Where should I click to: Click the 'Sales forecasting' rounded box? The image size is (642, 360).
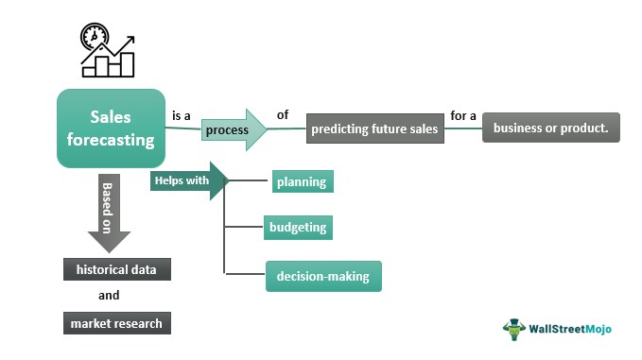pyautogui.click(x=111, y=129)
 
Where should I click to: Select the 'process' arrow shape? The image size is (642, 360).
pyautogui.click(x=234, y=129)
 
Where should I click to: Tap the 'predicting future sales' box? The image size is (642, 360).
pyautogui.click(x=375, y=129)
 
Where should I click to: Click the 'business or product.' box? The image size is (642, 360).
pyautogui.click(x=551, y=128)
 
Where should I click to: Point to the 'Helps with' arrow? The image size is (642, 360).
pyautogui.click(x=189, y=180)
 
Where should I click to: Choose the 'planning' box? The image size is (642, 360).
pyautogui.click(x=303, y=181)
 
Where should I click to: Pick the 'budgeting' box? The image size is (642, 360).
pyautogui.click(x=298, y=227)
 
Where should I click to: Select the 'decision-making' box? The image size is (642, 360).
pyautogui.click(x=323, y=276)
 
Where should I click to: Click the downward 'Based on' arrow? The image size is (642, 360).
pyautogui.click(x=109, y=214)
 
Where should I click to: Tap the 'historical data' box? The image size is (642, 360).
pyautogui.click(x=117, y=269)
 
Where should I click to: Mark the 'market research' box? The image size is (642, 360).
pyautogui.click(x=117, y=323)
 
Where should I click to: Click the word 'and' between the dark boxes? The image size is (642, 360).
pyautogui.click(x=109, y=295)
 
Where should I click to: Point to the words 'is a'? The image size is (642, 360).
pyautogui.click(x=182, y=116)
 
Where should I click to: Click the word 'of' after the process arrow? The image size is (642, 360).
pyautogui.click(x=283, y=114)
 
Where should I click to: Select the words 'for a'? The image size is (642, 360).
pyautogui.click(x=463, y=116)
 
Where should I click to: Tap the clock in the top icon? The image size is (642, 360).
pyautogui.click(x=95, y=37)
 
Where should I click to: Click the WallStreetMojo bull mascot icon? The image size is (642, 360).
pyautogui.click(x=514, y=330)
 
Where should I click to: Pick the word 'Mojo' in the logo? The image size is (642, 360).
pyautogui.click(x=599, y=329)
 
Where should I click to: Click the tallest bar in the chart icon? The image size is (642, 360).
pyautogui.click(x=128, y=64)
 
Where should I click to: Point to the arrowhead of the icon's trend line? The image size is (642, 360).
pyautogui.click(x=130, y=40)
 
